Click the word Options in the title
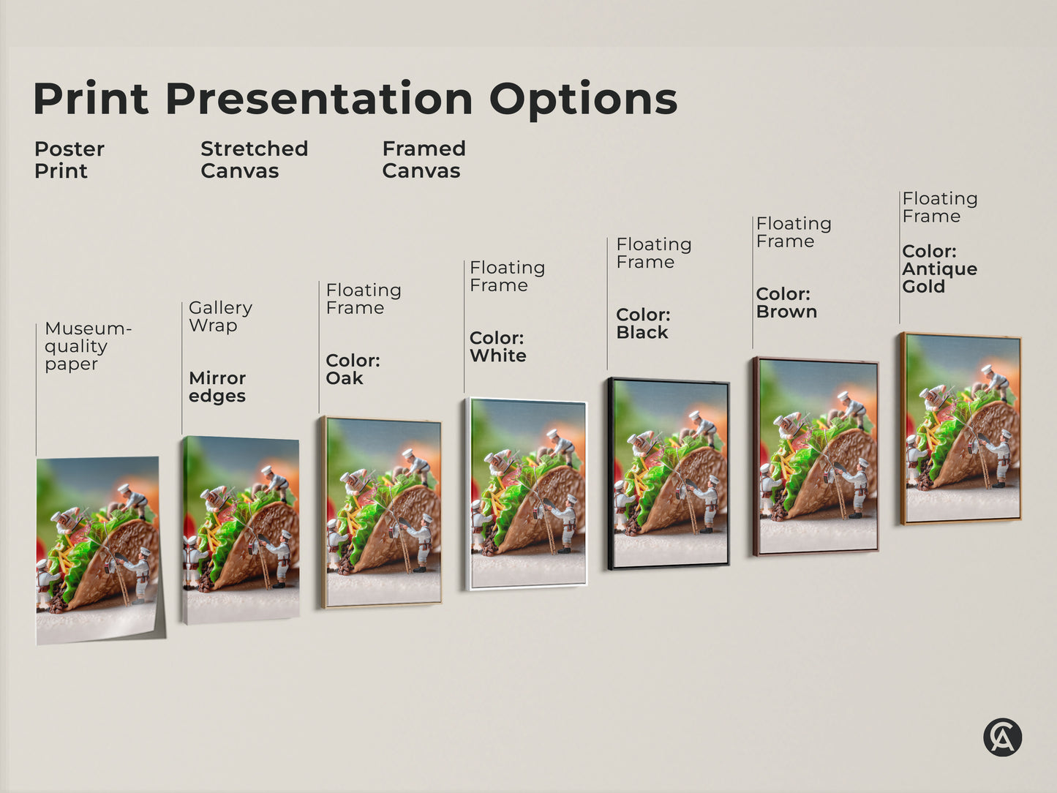[583, 100]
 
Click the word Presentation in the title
[319, 99]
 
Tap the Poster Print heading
[69, 159]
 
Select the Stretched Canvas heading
[254, 159]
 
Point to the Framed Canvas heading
[424, 159]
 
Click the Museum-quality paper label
[87, 346]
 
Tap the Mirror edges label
[217, 387]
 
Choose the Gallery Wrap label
[220, 316]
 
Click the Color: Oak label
[353, 369]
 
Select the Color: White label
[497, 347]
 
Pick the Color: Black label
[643, 323]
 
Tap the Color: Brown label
[786, 303]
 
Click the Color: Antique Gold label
[939, 268]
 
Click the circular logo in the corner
[1002, 737]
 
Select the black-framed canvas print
[669, 473]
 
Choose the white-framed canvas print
[527, 494]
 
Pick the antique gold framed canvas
[961, 429]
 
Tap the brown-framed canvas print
[816, 456]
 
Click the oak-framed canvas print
[382, 512]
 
